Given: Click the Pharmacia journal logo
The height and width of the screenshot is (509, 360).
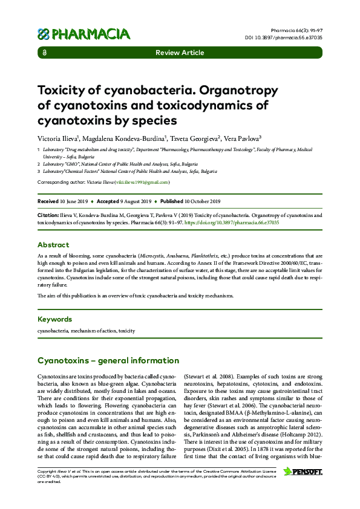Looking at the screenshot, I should pyautogui.click(x=83, y=34).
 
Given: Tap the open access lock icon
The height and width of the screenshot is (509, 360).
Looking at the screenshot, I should pyautogui.click(x=45, y=53).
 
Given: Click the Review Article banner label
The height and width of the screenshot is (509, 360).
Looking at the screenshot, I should pyautogui.click(x=180, y=53).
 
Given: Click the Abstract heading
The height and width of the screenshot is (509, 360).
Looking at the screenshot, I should pyautogui.click(x=53, y=245).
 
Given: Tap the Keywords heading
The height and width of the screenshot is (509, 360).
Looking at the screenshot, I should pyautogui.click(x=54, y=319).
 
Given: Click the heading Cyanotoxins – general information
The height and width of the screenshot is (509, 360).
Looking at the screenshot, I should pyautogui.click(x=108, y=361).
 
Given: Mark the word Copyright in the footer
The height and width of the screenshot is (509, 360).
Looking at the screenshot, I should pyautogui.click(x=48, y=470).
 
